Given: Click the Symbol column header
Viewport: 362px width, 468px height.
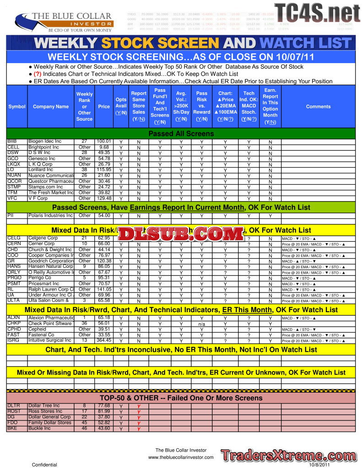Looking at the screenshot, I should [x=17, y=106].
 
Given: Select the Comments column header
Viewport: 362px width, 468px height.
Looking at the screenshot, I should [x=319, y=106].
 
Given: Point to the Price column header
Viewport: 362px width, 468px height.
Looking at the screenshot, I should [x=104, y=106].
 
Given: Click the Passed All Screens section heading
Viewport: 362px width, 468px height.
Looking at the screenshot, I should [x=181, y=134].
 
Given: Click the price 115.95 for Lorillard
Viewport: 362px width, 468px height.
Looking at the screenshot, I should [x=104, y=170].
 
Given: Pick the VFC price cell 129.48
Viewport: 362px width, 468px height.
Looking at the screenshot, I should [x=104, y=198].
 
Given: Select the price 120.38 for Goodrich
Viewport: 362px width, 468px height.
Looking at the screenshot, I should [x=104, y=261].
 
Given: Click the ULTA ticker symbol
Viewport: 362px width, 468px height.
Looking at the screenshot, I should [x=14, y=300].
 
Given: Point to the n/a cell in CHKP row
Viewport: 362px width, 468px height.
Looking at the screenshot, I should [x=201, y=324].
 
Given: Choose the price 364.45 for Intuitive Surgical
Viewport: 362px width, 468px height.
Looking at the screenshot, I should [x=104, y=340].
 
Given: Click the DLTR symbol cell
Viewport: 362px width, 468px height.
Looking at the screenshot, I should [x=13, y=405].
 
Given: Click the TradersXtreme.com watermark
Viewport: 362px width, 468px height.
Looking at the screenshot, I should [x=288, y=456].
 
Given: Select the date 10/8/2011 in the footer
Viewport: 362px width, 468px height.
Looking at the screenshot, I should [x=319, y=464].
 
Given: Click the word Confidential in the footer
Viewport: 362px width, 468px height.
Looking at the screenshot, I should [x=44, y=464].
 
